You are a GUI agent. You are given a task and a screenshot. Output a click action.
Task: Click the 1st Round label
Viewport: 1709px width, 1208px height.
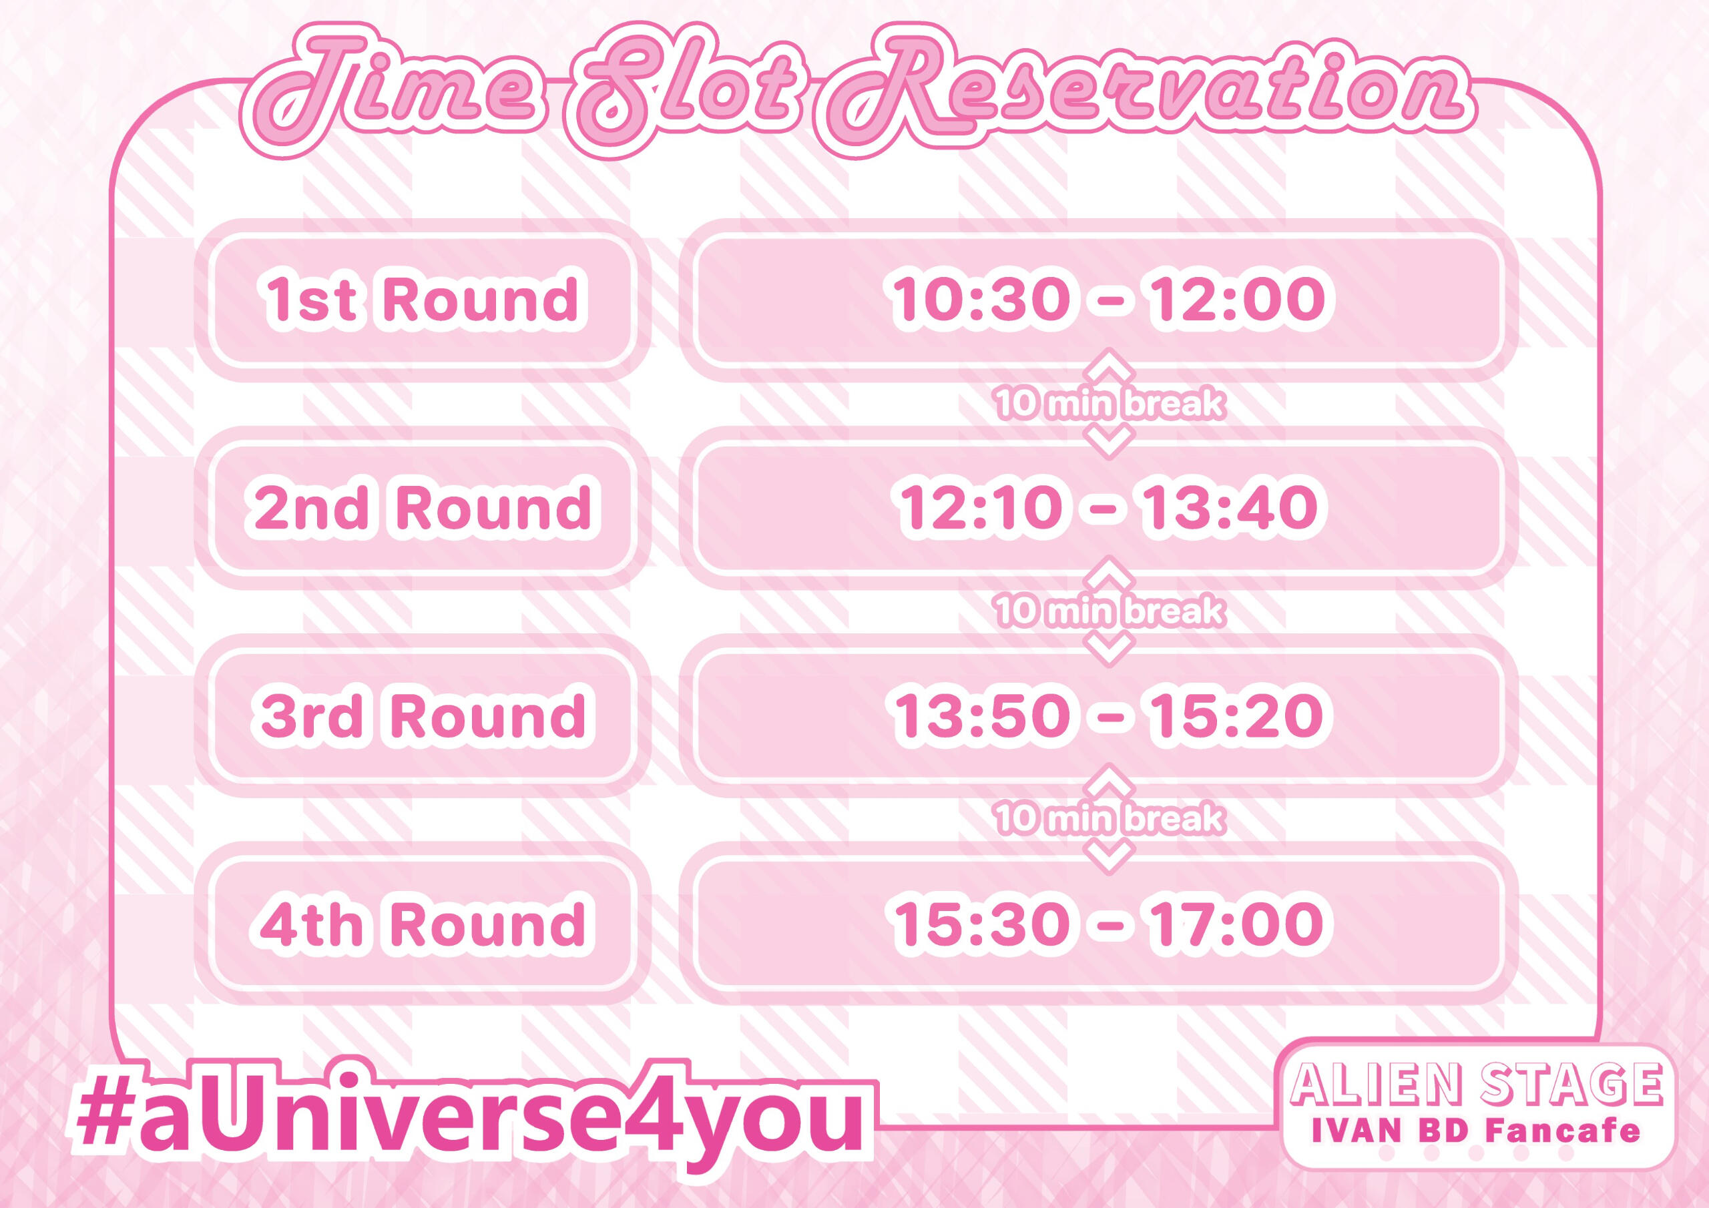tap(422, 299)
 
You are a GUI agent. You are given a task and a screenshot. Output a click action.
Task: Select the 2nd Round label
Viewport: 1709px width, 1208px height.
tap(422, 508)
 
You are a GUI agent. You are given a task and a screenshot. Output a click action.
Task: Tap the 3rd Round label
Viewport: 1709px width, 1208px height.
tap(422, 715)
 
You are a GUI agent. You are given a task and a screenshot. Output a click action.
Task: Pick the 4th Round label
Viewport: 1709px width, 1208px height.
tap(422, 924)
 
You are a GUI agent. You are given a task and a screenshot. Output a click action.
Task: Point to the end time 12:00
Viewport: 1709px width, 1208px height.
tap(1237, 299)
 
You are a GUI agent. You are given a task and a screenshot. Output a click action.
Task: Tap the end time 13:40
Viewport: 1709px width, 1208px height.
tap(1230, 508)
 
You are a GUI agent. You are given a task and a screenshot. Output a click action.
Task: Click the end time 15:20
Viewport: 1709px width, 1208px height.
tap(1237, 715)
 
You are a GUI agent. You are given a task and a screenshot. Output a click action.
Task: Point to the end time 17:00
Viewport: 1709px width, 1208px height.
tap(1237, 924)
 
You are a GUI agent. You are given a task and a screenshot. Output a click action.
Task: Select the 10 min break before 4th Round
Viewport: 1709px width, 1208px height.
tap(1109, 819)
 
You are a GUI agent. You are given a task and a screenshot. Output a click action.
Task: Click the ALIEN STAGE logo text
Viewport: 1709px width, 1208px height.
tap(1477, 1085)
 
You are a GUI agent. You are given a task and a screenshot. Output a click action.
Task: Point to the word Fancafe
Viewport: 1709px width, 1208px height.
tap(1562, 1132)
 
